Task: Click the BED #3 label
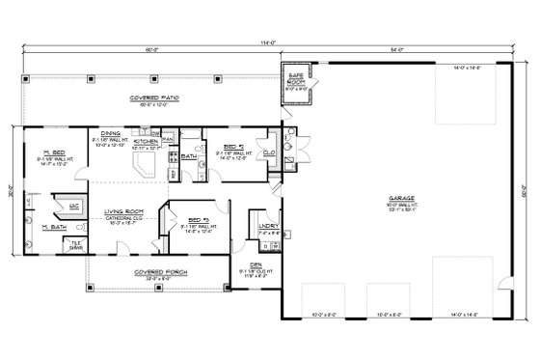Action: pos(200,220)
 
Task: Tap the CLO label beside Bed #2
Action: pos(269,153)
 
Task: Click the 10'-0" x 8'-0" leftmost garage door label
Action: pos(319,313)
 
